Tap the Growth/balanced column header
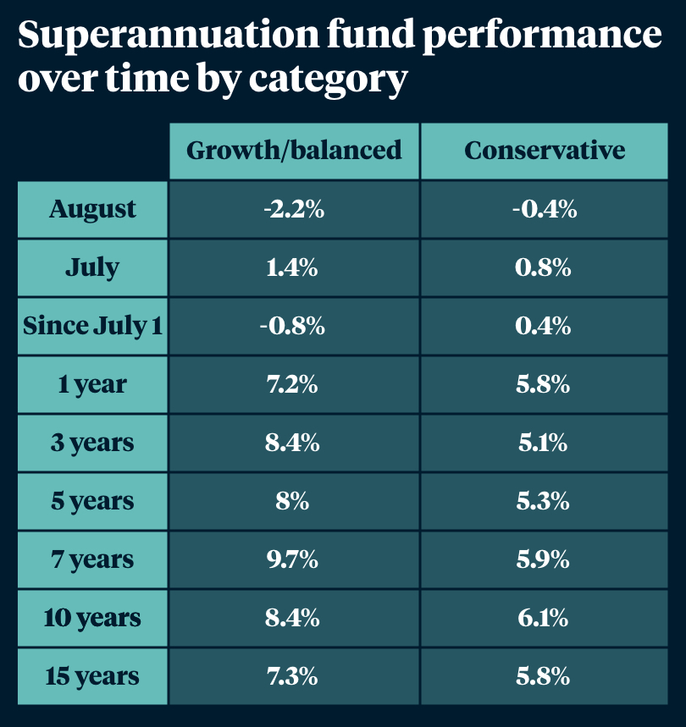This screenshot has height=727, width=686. point(294,151)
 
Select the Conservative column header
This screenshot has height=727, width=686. point(545,151)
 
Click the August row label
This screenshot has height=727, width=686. point(92,209)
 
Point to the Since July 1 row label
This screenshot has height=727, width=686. point(92,326)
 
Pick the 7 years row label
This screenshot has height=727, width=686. point(92,559)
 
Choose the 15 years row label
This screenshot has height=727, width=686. point(92,676)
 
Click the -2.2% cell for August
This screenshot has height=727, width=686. point(293,209)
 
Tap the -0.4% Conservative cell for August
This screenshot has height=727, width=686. point(545,209)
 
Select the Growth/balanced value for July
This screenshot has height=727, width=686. point(293,267)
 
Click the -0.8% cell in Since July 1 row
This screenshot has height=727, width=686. point(293,326)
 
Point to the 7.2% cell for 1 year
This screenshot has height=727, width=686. point(293,384)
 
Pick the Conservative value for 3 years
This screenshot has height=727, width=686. point(545,443)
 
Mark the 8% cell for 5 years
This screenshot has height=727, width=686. point(293,501)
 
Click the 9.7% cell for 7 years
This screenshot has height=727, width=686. point(293,559)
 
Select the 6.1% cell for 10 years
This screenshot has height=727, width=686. point(545,618)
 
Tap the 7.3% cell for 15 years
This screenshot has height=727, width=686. point(293,676)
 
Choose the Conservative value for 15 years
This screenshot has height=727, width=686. point(545,676)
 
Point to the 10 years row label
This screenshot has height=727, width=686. point(92,618)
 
